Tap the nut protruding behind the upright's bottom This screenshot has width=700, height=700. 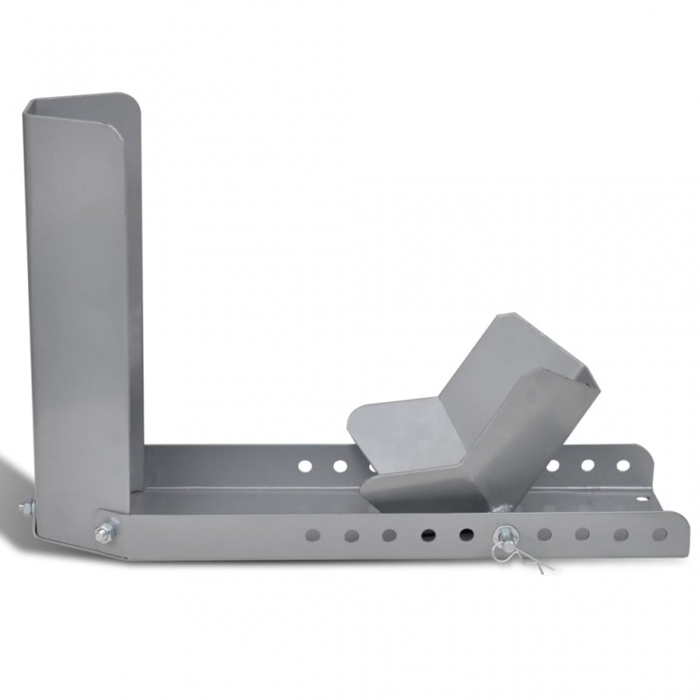[x=26, y=507]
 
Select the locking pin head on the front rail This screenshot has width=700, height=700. [x=505, y=534]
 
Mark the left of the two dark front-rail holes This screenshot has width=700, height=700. [x=427, y=535]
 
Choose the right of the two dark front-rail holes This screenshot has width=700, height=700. [x=465, y=534]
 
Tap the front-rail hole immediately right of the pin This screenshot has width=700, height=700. [x=544, y=534]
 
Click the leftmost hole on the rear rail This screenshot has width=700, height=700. [x=304, y=466]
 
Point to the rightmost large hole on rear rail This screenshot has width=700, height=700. [x=623, y=465]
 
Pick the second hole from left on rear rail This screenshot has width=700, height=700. [x=339, y=466]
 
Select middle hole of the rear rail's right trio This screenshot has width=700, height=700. [x=588, y=465]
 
